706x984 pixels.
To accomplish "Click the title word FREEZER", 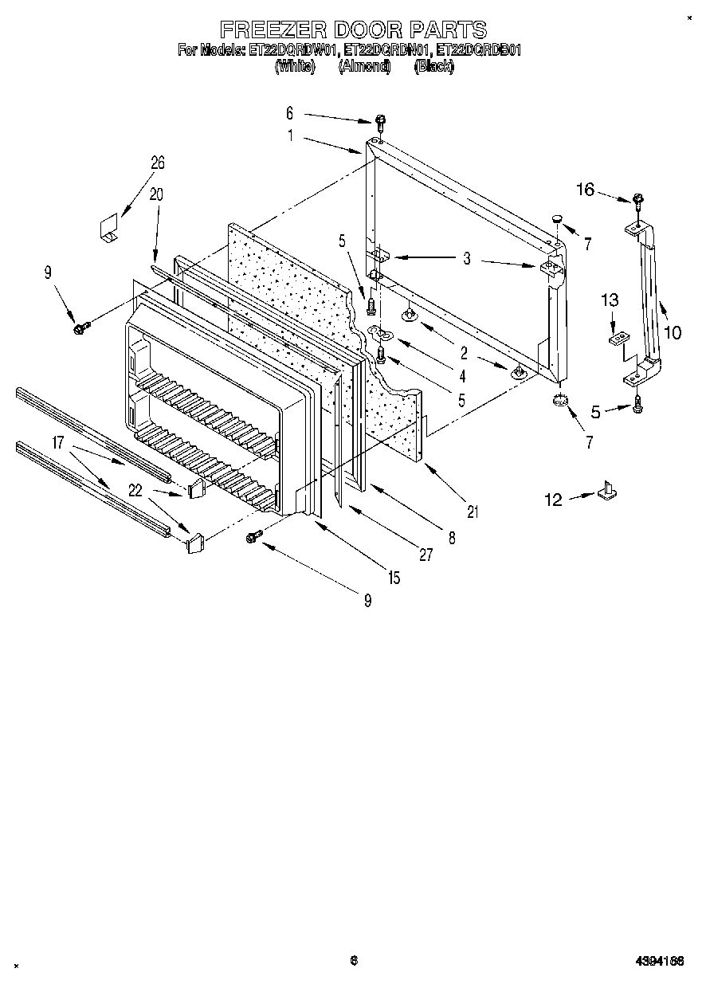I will point(271,30).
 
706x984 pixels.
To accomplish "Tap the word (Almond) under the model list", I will point(364,67).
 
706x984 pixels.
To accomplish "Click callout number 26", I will point(157,163).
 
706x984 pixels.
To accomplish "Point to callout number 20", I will point(155,194).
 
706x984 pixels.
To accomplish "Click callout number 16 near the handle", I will point(586,189).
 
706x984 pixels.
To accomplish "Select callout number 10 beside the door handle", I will point(673,332).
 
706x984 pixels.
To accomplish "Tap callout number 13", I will point(610,300).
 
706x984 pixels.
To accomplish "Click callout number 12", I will point(553,500).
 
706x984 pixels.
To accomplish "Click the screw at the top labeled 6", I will point(381,121).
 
